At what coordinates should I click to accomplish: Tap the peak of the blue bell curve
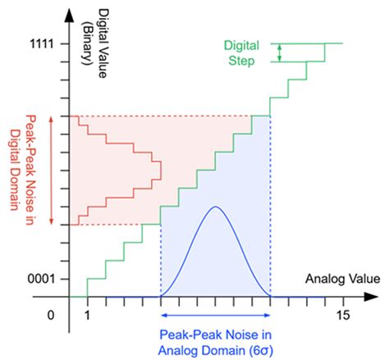(215, 207)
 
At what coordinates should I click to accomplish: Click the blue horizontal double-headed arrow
(215, 315)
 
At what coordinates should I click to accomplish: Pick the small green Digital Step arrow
(280, 52)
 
